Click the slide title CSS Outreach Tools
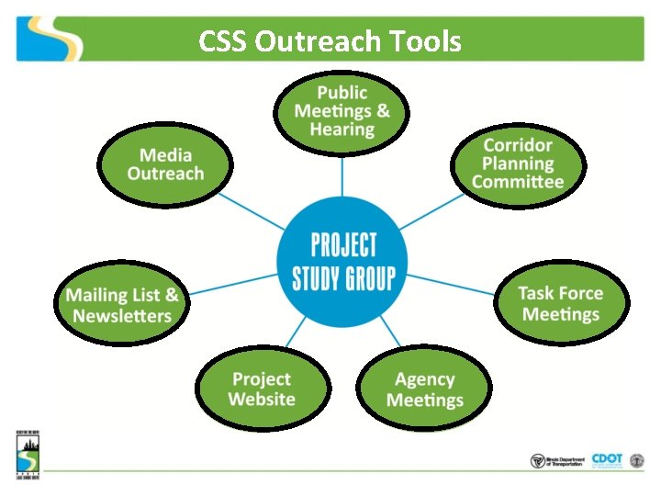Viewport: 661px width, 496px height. click(330, 41)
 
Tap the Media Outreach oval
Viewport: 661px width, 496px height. click(165, 164)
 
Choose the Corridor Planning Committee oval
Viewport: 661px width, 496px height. click(518, 163)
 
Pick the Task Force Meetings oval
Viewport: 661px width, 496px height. click(560, 304)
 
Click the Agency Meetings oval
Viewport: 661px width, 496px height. click(424, 389)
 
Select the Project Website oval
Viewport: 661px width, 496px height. click(262, 389)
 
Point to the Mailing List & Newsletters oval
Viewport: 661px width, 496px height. click(122, 305)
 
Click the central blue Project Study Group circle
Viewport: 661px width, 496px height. click(342, 261)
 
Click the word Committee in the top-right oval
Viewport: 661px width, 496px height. click(518, 182)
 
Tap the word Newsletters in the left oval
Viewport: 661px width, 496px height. click(122, 316)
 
